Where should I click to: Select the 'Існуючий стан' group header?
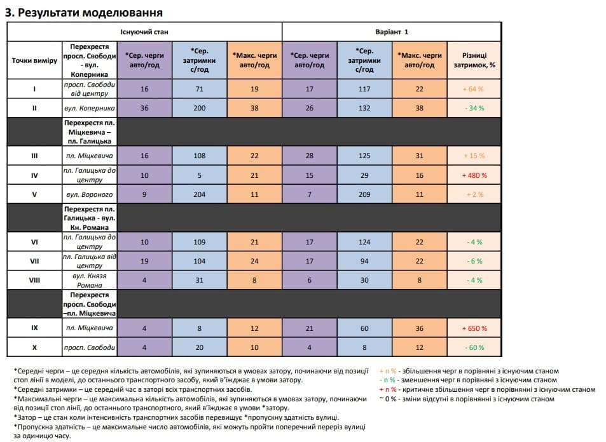[144, 31]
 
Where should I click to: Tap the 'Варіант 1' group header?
[391, 31]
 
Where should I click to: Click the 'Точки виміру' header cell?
[34, 60]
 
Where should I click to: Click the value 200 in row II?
[200, 108]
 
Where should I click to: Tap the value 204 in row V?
[200, 194]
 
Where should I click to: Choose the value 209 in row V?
[364, 194]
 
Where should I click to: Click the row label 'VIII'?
[34, 280]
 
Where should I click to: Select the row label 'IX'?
[34, 328]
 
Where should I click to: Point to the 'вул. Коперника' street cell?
[89, 108]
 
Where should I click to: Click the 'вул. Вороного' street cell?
[89, 194]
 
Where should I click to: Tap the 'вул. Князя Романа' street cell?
[89, 280]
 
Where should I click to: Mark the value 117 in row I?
[364, 89]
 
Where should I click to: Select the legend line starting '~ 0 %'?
[467, 399]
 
